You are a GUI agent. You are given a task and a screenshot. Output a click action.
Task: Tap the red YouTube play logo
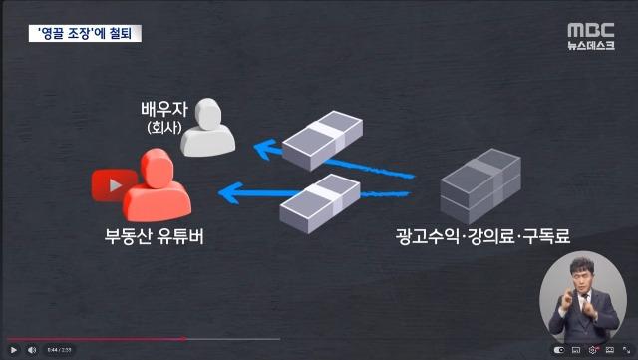point(112,185)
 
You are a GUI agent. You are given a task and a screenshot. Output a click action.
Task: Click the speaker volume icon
point(31,350)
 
